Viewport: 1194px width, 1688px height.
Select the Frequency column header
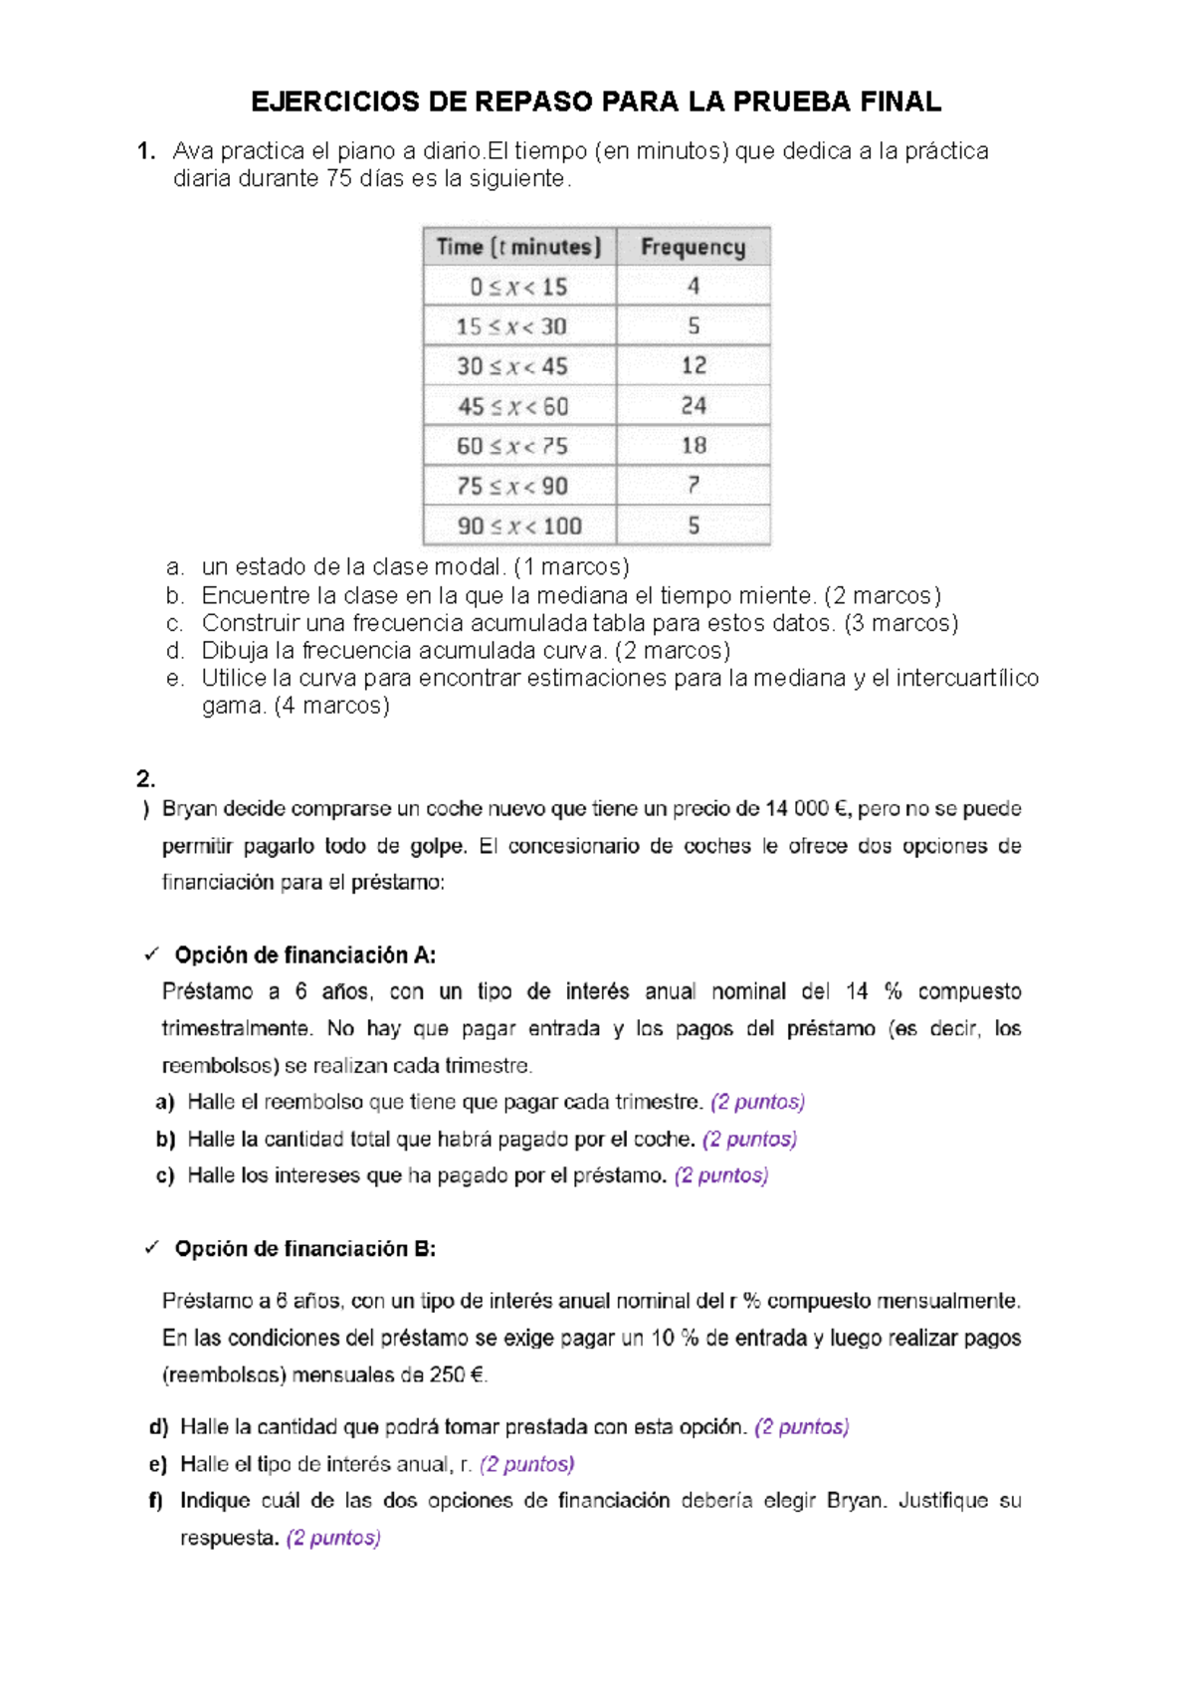coord(693,247)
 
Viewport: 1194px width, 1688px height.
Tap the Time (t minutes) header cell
coord(518,247)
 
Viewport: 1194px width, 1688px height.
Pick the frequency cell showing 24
coord(694,406)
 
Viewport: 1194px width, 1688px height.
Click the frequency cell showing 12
coord(694,366)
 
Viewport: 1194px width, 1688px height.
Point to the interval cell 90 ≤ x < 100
coord(518,526)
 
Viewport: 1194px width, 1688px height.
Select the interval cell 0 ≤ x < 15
coord(518,287)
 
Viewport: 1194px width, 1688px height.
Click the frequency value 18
coord(694,446)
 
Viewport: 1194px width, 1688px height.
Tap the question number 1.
coord(146,151)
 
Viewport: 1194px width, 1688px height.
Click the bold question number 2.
coord(145,778)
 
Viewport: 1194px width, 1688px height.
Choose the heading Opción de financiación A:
coord(304,955)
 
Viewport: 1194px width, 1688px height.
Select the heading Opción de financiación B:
coord(304,1249)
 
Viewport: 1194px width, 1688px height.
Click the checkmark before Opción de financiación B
coord(151,1248)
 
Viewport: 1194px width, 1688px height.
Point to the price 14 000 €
coord(807,809)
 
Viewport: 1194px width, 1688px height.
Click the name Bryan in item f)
coord(855,1501)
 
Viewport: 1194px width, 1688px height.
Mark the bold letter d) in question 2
coord(158,1427)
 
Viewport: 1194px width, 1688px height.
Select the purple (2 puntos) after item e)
coord(526,1464)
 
